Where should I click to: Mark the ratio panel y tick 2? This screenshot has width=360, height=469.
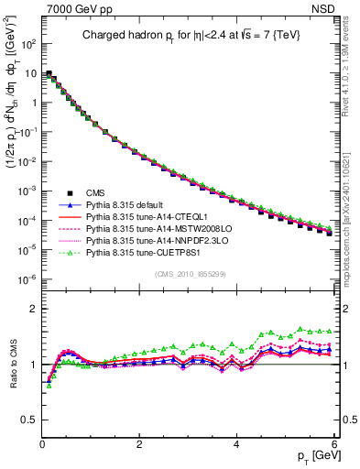tap(33, 308)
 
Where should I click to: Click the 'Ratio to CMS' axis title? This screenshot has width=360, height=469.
tap(13, 365)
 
